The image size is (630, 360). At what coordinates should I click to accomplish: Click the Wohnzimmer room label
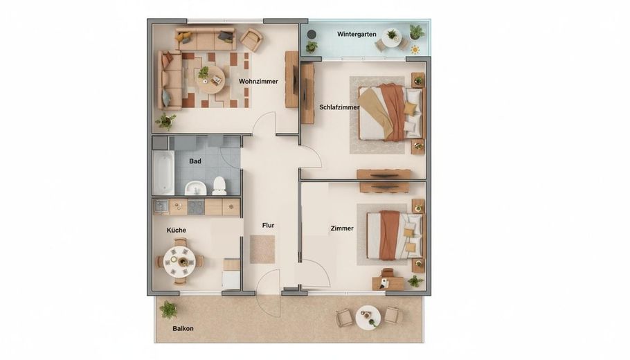pos(258,82)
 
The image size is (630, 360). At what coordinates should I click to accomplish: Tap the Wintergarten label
pos(357,34)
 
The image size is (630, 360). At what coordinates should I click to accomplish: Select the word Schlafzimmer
pos(339,107)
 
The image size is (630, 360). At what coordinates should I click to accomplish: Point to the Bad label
pos(195,161)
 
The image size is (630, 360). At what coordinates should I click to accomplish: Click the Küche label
pos(177,231)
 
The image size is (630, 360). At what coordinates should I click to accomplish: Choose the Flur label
pos(268,226)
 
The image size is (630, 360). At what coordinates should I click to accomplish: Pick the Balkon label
pos(183,329)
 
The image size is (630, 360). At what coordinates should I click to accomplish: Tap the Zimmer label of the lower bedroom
pos(342,228)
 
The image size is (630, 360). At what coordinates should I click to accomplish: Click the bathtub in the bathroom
pos(163,173)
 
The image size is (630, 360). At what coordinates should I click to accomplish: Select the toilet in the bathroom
pos(219,186)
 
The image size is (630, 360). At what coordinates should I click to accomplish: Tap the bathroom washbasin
pos(196,188)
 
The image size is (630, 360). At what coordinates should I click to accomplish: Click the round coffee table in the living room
pos(210,80)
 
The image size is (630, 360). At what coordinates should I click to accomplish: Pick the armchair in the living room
pos(251,39)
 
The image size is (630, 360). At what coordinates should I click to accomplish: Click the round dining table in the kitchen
pos(179,261)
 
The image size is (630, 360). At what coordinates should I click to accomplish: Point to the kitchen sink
pos(161,207)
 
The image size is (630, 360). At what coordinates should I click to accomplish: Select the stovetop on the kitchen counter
pos(196,207)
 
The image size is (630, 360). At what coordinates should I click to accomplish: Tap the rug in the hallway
pos(262,249)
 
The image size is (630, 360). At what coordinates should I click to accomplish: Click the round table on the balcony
pos(368,318)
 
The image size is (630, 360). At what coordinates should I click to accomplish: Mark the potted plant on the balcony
pos(168,309)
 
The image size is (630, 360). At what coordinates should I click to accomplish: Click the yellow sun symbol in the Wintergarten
pos(415,50)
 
